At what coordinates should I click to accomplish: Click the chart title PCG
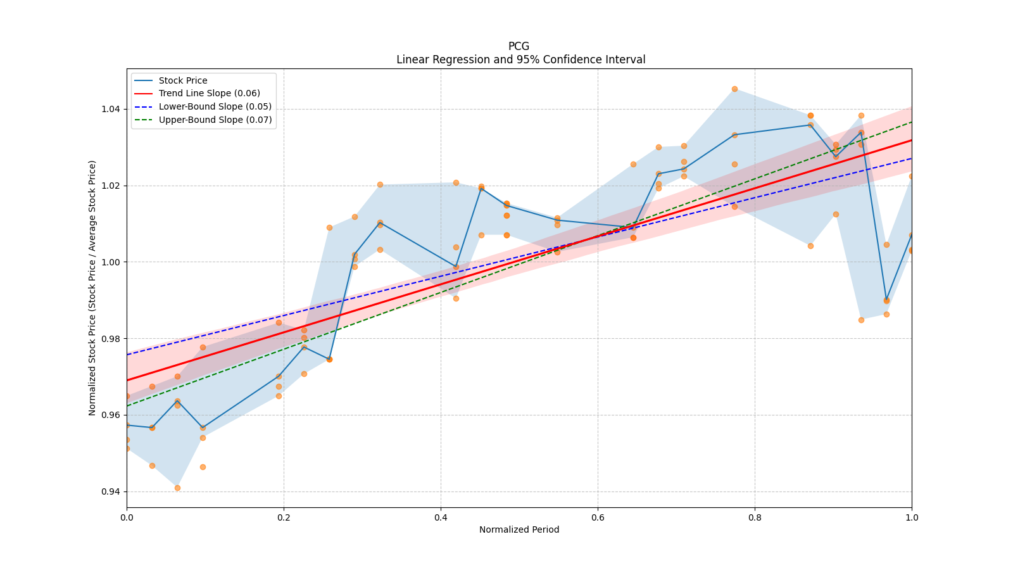tap(519, 46)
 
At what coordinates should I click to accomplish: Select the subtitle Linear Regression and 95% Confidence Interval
tap(520, 60)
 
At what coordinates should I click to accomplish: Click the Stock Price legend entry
tap(183, 80)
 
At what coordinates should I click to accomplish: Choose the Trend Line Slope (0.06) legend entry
tap(209, 94)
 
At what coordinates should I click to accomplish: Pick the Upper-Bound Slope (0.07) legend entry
tap(215, 120)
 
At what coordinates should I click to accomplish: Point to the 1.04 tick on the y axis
tap(111, 109)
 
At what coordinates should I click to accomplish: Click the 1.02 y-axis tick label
tap(111, 186)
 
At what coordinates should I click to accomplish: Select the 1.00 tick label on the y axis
tap(111, 262)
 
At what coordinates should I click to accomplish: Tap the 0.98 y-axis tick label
tap(111, 339)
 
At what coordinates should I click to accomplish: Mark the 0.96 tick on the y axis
tap(111, 415)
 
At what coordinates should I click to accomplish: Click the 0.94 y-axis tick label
tap(111, 491)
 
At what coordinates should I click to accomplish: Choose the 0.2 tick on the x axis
tap(284, 517)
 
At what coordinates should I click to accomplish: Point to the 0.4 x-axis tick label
tap(441, 517)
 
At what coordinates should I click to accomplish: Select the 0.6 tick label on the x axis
tap(598, 517)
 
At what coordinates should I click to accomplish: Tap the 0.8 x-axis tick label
tap(755, 517)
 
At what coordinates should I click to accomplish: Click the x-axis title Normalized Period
tap(519, 529)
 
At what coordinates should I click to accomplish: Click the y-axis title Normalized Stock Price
tap(92, 288)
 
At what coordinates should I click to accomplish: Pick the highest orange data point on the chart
tap(734, 89)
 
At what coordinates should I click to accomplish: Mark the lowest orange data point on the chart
tap(177, 488)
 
